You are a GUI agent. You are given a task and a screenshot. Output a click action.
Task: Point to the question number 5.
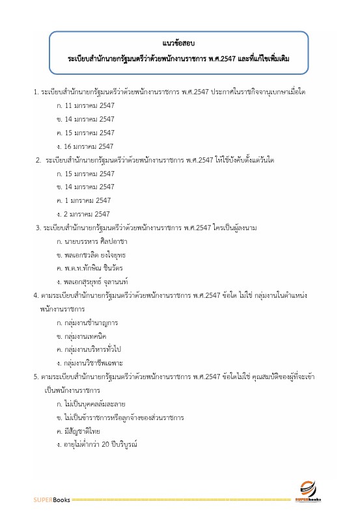tap(36, 376)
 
